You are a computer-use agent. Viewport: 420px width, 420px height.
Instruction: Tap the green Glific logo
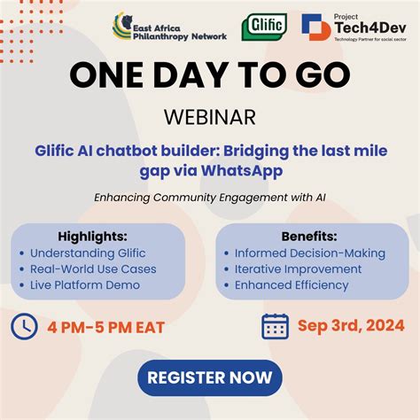[263, 27]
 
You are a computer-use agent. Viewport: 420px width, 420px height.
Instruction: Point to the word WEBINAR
[209, 117]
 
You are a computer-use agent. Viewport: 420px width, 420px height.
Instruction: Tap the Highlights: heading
[92, 237]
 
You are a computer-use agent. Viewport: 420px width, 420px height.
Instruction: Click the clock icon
[24, 327]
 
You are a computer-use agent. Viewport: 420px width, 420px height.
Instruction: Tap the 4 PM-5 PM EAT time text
[106, 328]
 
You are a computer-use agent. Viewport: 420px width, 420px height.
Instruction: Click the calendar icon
[276, 326]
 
